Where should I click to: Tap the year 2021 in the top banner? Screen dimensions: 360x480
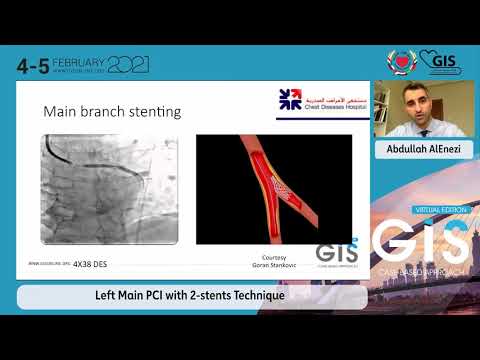coord(128,65)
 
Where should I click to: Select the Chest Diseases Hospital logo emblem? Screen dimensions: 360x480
coord(289,99)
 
